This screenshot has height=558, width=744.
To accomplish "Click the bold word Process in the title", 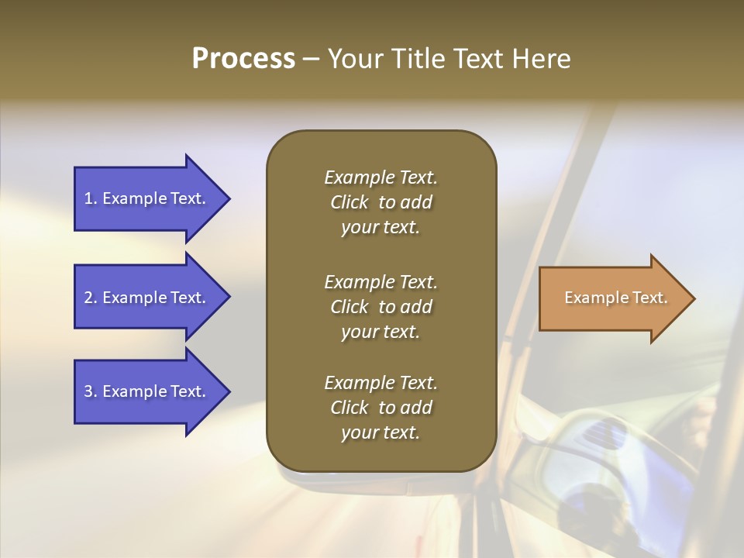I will click(x=243, y=59).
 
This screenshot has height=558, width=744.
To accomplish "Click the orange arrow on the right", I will click(x=612, y=298).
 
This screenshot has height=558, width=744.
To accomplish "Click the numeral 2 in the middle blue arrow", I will click(x=88, y=298).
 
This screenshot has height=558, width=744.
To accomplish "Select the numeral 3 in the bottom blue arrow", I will click(x=88, y=391).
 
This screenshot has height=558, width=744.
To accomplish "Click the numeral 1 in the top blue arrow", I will click(x=88, y=198).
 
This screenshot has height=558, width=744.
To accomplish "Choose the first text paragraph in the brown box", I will click(x=381, y=202).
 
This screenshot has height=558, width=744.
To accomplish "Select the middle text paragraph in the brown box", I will click(x=381, y=307).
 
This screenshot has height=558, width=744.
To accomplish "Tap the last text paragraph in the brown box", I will click(x=381, y=408).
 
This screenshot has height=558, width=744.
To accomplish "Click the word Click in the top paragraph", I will click(x=350, y=202).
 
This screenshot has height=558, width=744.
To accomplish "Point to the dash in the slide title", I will click(x=311, y=60).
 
